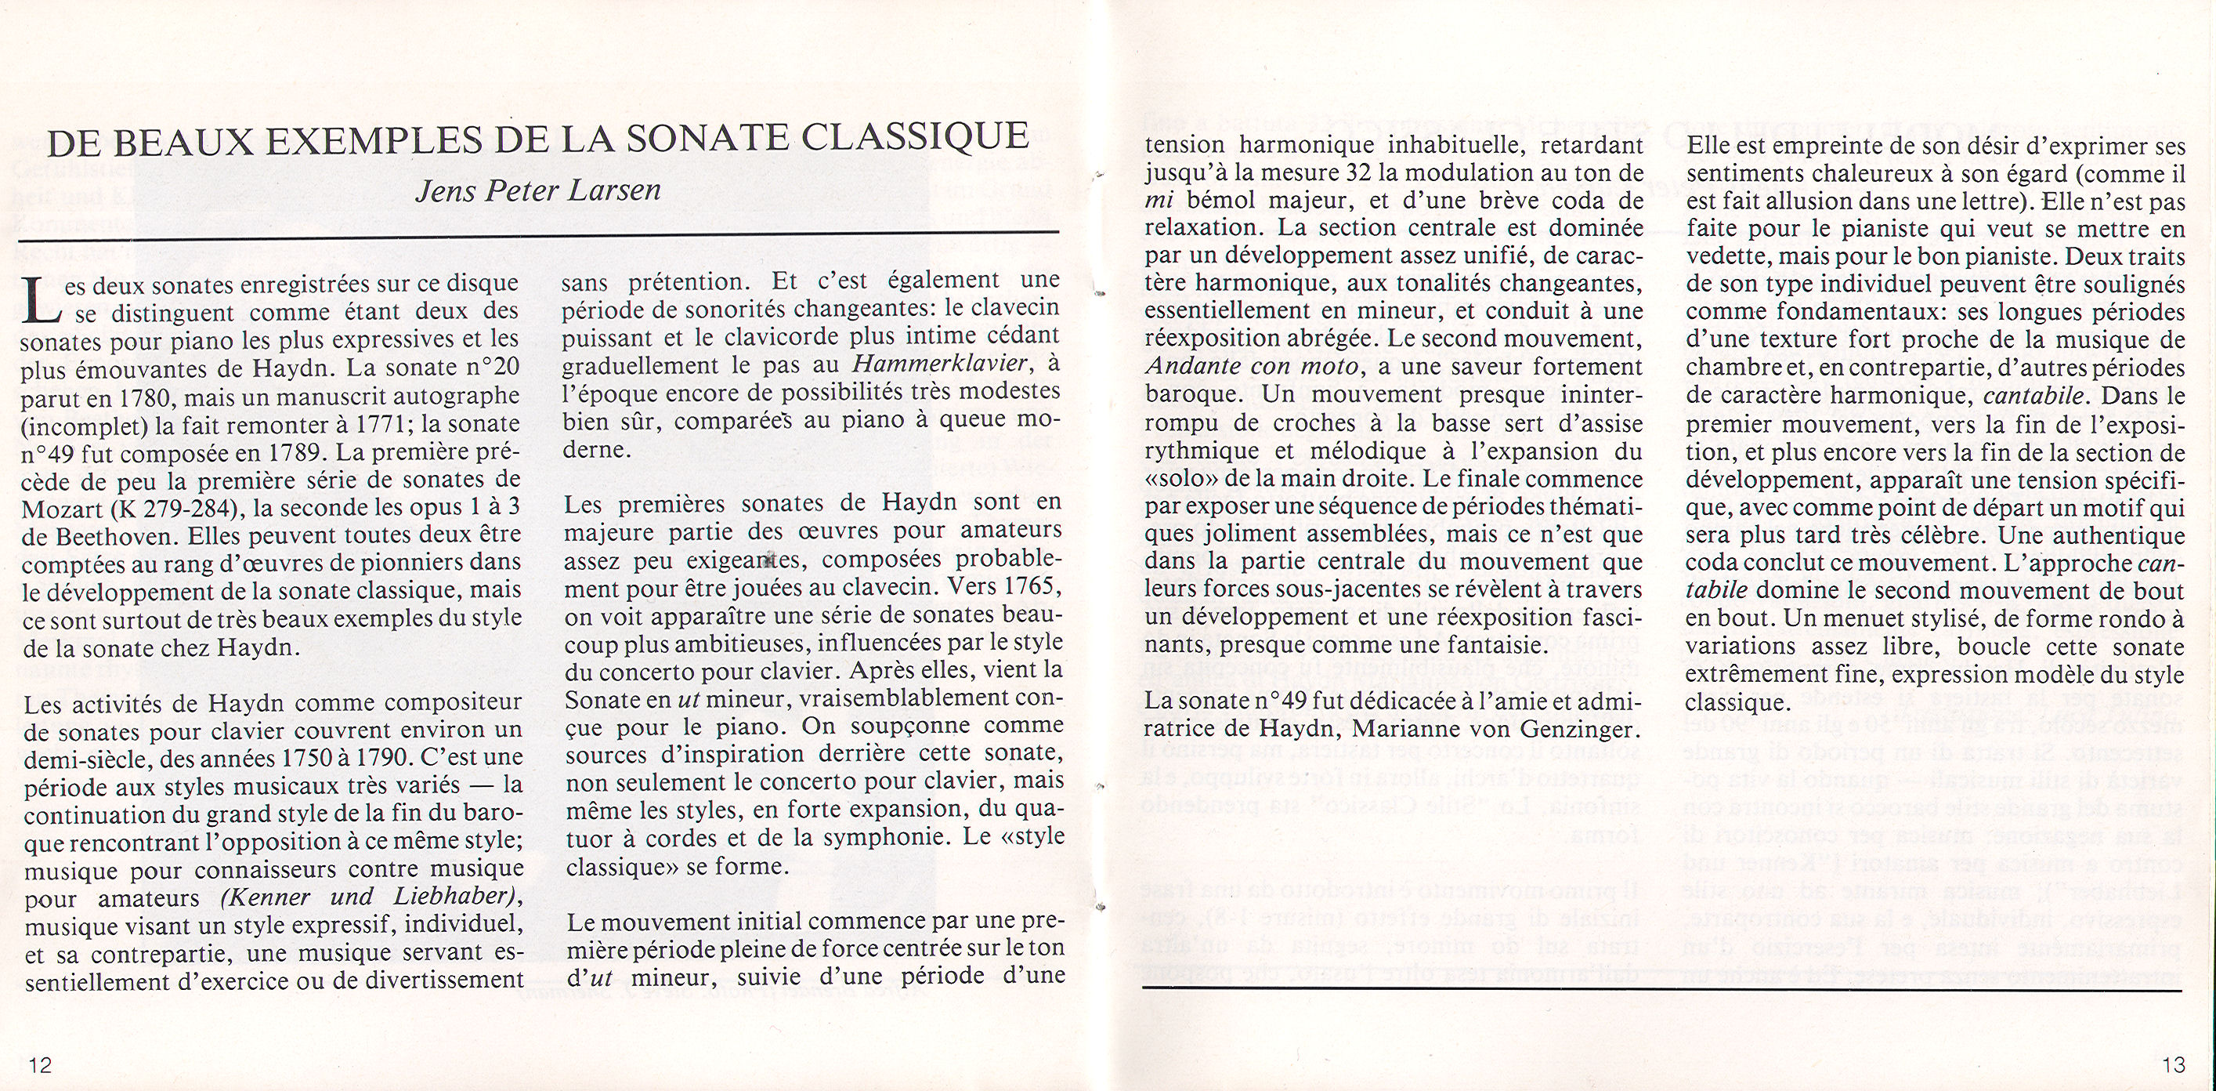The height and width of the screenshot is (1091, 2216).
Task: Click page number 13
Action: (2173, 1065)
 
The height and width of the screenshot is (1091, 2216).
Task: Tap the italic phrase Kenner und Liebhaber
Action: (371, 897)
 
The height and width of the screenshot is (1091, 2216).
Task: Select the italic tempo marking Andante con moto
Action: (1252, 367)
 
